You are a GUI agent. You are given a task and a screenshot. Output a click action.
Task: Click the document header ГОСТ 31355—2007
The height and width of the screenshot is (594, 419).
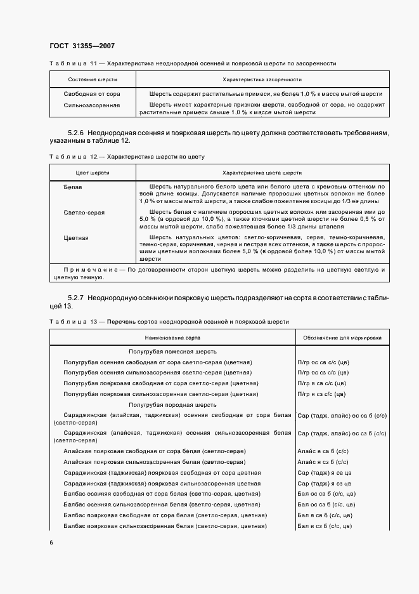click(82, 46)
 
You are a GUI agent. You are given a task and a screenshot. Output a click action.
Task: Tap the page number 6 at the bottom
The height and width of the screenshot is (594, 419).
click(51, 542)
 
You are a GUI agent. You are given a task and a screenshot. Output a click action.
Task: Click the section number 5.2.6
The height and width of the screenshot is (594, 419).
click(76, 133)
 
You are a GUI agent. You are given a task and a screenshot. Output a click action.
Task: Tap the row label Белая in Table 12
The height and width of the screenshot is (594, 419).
click(73, 187)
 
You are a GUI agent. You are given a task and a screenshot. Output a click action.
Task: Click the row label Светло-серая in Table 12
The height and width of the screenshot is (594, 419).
click(84, 213)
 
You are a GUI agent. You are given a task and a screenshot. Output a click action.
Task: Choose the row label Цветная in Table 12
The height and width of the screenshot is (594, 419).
click(76, 238)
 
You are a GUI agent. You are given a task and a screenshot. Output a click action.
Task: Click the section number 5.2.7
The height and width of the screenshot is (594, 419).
click(76, 298)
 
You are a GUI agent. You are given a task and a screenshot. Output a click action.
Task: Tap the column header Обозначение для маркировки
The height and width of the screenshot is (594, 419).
click(342, 338)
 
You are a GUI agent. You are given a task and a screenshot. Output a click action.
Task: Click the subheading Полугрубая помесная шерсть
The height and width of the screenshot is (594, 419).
click(172, 351)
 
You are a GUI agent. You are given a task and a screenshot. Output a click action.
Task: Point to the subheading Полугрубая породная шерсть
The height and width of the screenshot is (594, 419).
click(172, 404)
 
